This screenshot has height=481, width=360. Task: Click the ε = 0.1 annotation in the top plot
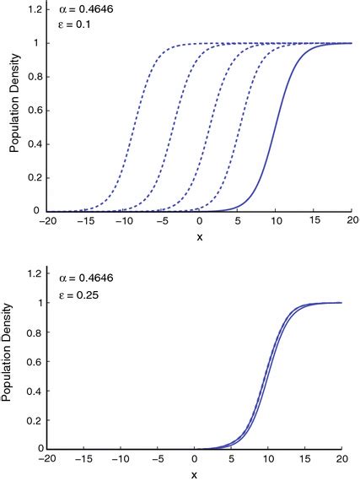tap(77, 24)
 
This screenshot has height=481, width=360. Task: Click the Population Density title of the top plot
tap(14, 110)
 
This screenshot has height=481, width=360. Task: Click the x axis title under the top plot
tap(199, 237)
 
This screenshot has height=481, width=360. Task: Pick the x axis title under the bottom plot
tap(199, 475)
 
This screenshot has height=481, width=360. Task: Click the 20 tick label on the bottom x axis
tap(341, 459)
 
